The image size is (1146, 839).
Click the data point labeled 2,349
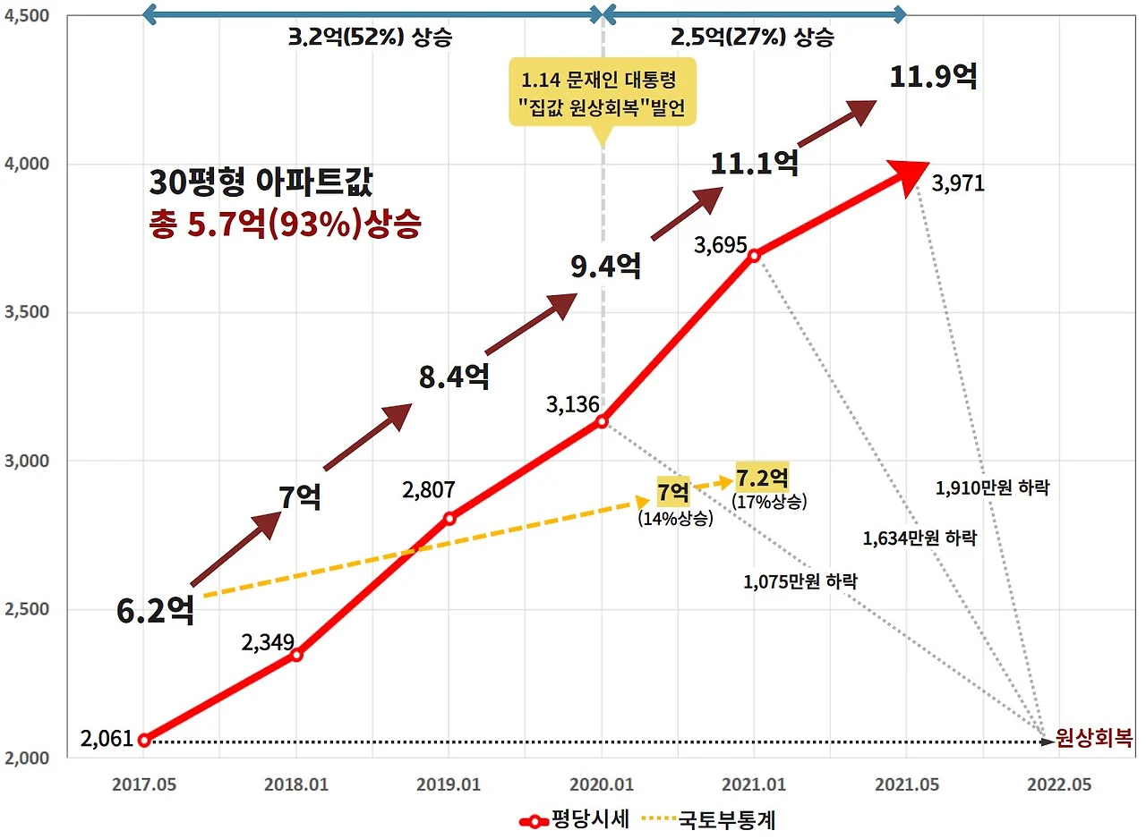click(296, 655)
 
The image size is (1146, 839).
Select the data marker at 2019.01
click(449, 518)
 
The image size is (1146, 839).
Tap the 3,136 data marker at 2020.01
click(602, 421)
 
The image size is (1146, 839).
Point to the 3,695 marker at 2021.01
click(754, 255)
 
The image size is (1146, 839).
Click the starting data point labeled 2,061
click(144, 740)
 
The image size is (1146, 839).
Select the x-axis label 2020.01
click(602, 784)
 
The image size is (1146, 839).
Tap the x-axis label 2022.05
click(1060, 784)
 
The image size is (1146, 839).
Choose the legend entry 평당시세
click(577, 819)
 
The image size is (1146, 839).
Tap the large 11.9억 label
click(933, 76)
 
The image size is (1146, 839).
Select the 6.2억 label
click(155, 611)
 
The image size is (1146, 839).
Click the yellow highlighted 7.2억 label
click(762, 476)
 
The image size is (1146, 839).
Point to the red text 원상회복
click(1093, 739)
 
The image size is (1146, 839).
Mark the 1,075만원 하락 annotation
click(800, 581)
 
